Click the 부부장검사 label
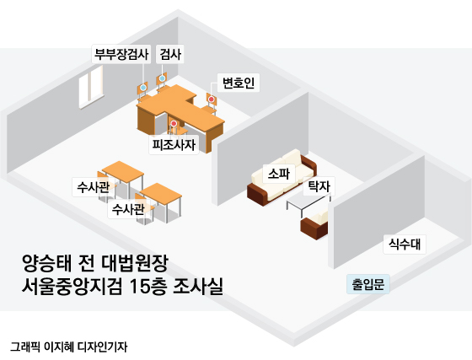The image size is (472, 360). tap(121, 54)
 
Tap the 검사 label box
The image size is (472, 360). tap(170, 54)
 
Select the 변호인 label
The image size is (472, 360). tap(239, 83)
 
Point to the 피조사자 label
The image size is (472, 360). tap(174, 145)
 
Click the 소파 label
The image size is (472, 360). tap(279, 174)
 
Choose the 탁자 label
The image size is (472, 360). tap(319, 186)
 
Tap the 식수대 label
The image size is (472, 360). tap(405, 244)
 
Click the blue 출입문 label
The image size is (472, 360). tap(368, 284)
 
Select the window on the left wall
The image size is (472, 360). tap(91, 88)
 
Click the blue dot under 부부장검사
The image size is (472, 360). tap(143, 88)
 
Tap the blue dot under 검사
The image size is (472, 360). tap(162, 78)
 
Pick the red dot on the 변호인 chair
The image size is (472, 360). tap(212, 99)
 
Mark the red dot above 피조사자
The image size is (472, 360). tap(174, 124)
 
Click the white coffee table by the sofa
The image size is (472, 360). tap(308, 203)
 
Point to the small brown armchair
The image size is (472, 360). tap(314, 224)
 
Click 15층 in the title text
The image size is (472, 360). tap(147, 287)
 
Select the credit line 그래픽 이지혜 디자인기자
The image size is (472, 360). tap(68, 347)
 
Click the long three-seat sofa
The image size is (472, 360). tap(282, 178)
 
